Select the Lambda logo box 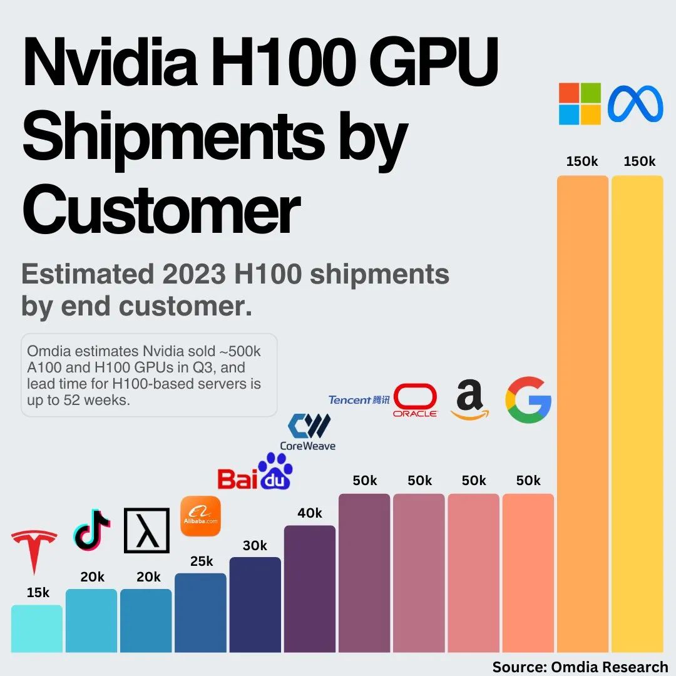[x=147, y=530]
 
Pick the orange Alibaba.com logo [x=200, y=516]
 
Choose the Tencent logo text [x=359, y=400]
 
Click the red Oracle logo [x=414, y=401]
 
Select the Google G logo [x=528, y=399]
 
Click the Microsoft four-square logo [x=580, y=104]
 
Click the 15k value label [x=38, y=593]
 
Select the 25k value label [x=202, y=561]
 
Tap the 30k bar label [x=255, y=545]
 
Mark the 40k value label [x=310, y=513]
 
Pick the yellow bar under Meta [x=637, y=413]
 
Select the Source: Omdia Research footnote [x=580, y=667]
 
